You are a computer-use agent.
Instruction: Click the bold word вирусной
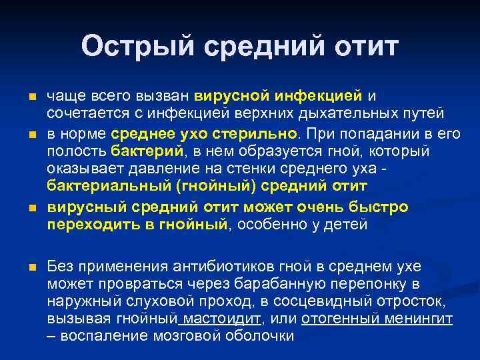tap(227, 97)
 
